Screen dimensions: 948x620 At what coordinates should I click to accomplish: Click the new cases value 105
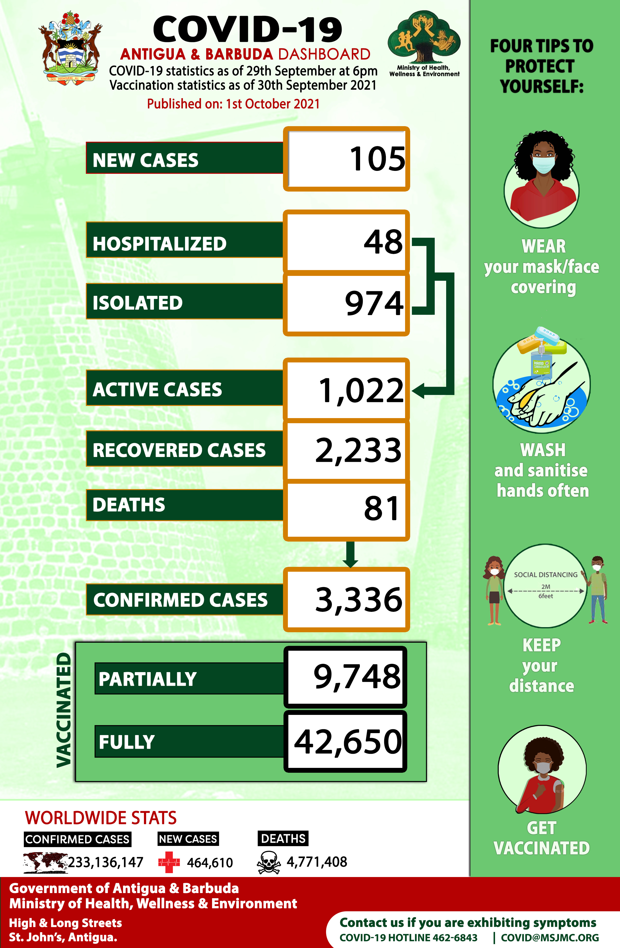coord(377,159)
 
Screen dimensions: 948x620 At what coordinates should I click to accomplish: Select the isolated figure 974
coord(374,304)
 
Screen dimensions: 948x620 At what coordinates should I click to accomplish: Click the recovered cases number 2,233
coord(358,450)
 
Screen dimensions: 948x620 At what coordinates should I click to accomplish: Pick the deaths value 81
coord(381,509)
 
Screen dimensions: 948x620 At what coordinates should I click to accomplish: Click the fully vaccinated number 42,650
coord(348,742)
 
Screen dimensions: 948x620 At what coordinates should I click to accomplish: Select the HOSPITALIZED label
coord(159,244)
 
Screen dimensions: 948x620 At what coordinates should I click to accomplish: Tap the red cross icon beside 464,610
coord(169,862)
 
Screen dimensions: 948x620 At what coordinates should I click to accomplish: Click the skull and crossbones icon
coord(269,862)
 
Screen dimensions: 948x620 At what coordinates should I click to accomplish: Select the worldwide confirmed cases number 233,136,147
coord(106,862)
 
